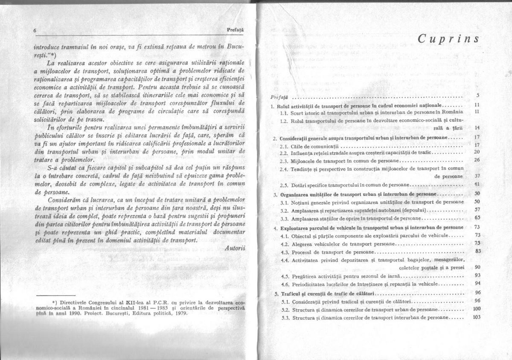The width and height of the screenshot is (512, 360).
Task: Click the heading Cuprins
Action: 448,39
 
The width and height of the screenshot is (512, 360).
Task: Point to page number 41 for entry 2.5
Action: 477,184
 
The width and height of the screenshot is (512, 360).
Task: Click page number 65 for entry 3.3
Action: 477,218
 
